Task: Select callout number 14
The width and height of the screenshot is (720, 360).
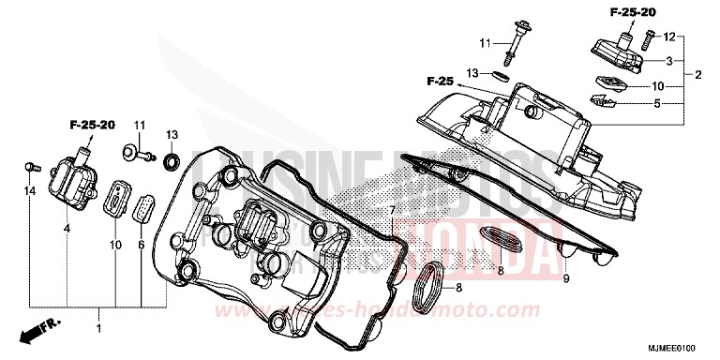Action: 29,190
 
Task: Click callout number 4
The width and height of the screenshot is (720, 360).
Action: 67,228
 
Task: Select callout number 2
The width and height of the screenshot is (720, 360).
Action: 697,73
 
